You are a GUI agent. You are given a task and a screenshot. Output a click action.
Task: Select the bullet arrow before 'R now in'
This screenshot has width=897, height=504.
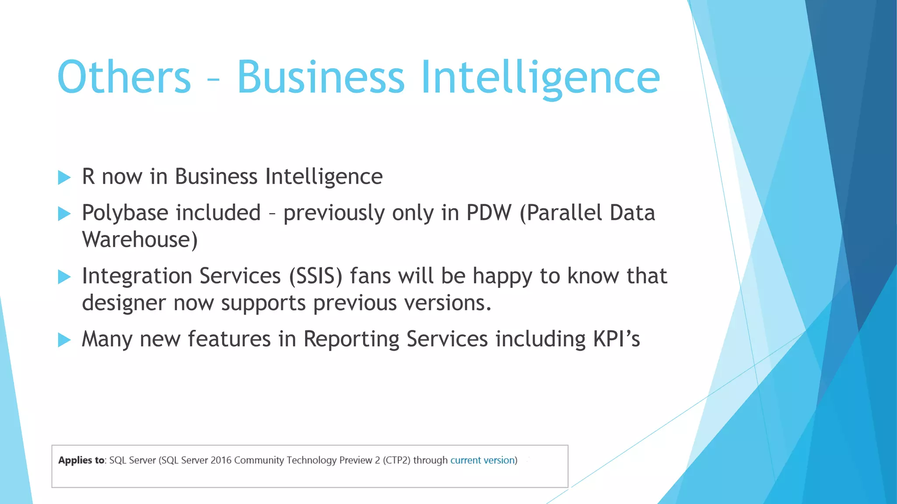click(x=64, y=178)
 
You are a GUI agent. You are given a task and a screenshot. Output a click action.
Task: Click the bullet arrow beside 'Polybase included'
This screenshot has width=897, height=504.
click(x=64, y=214)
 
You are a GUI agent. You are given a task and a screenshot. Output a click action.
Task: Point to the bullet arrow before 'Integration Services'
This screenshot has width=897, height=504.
click(x=64, y=277)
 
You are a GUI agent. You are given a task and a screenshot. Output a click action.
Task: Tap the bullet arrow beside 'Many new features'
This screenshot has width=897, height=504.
click(x=64, y=340)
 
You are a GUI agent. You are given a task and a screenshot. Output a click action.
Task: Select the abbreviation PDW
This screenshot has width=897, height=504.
click(x=489, y=213)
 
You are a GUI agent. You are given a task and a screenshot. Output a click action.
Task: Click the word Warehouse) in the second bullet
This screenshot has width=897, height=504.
click(x=140, y=240)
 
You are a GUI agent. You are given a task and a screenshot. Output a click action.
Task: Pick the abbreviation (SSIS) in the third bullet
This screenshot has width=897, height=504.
click(x=315, y=276)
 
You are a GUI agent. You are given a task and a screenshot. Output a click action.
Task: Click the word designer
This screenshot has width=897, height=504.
click(x=124, y=303)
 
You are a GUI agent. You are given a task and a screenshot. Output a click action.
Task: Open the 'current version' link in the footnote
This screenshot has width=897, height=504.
click(x=482, y=460)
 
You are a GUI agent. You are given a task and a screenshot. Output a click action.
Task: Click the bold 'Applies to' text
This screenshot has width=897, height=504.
click(x=81, y=460)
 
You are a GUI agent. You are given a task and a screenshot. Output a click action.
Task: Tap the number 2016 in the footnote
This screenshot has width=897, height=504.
click(x=221, y=460)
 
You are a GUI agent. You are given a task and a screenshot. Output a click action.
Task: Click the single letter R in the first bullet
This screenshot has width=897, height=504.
click(x=88, y=177)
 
